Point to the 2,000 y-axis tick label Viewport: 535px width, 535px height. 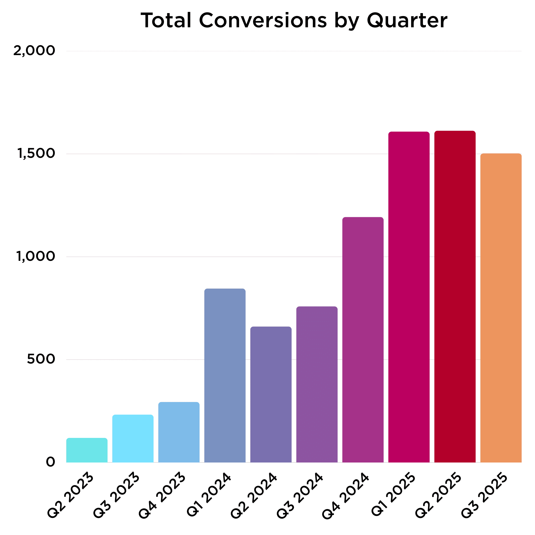pyautogui.click(x=34, y=51)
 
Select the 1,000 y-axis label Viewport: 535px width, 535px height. pyautogui.click(x=36, y=257)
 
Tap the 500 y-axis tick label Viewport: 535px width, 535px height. pyautogui.click(x=41, y=359)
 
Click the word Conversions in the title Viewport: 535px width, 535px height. pyautogui.click(x=263, y=21)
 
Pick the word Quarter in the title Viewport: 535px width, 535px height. pyautogui.click(x=407, y=21)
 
